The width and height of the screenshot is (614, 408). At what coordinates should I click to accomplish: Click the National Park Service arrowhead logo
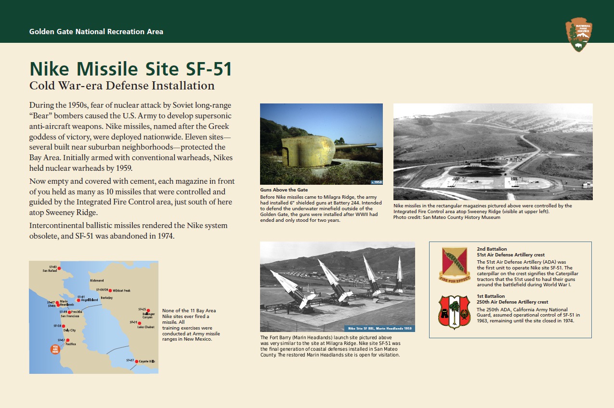point(579,35)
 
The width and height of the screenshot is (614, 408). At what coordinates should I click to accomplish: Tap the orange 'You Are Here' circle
point(55,349)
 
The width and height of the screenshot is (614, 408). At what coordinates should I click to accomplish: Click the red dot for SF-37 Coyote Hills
point(136,361)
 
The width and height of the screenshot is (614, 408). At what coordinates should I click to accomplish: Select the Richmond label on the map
point(97,280)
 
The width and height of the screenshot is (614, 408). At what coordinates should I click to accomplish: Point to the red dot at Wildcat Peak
point(110,290)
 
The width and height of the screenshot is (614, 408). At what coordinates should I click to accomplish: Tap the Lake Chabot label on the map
point(146,327)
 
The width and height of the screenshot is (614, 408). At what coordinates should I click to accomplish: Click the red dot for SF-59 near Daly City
point(63,326)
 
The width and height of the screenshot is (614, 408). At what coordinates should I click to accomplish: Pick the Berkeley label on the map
point(106,298)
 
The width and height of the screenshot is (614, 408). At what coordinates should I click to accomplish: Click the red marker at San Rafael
point(59,268)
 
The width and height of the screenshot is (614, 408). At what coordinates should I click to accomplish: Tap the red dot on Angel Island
point(78,300)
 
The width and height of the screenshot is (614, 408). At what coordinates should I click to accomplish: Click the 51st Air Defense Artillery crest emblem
point(455,265)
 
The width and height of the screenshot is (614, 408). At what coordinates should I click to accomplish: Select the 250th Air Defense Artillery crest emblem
point(454,312)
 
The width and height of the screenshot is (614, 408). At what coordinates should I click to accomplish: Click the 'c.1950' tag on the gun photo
point(377,182)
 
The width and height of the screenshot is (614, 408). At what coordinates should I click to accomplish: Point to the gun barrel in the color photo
point(356,146)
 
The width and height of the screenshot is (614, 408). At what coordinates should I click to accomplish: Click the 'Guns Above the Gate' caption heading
point(284,190)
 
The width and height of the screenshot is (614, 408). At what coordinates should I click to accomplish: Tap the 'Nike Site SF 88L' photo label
point(379,328)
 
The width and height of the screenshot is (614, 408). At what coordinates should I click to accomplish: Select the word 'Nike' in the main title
point(49,69)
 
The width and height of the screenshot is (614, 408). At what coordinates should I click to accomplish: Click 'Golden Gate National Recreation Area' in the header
point(96,32)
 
